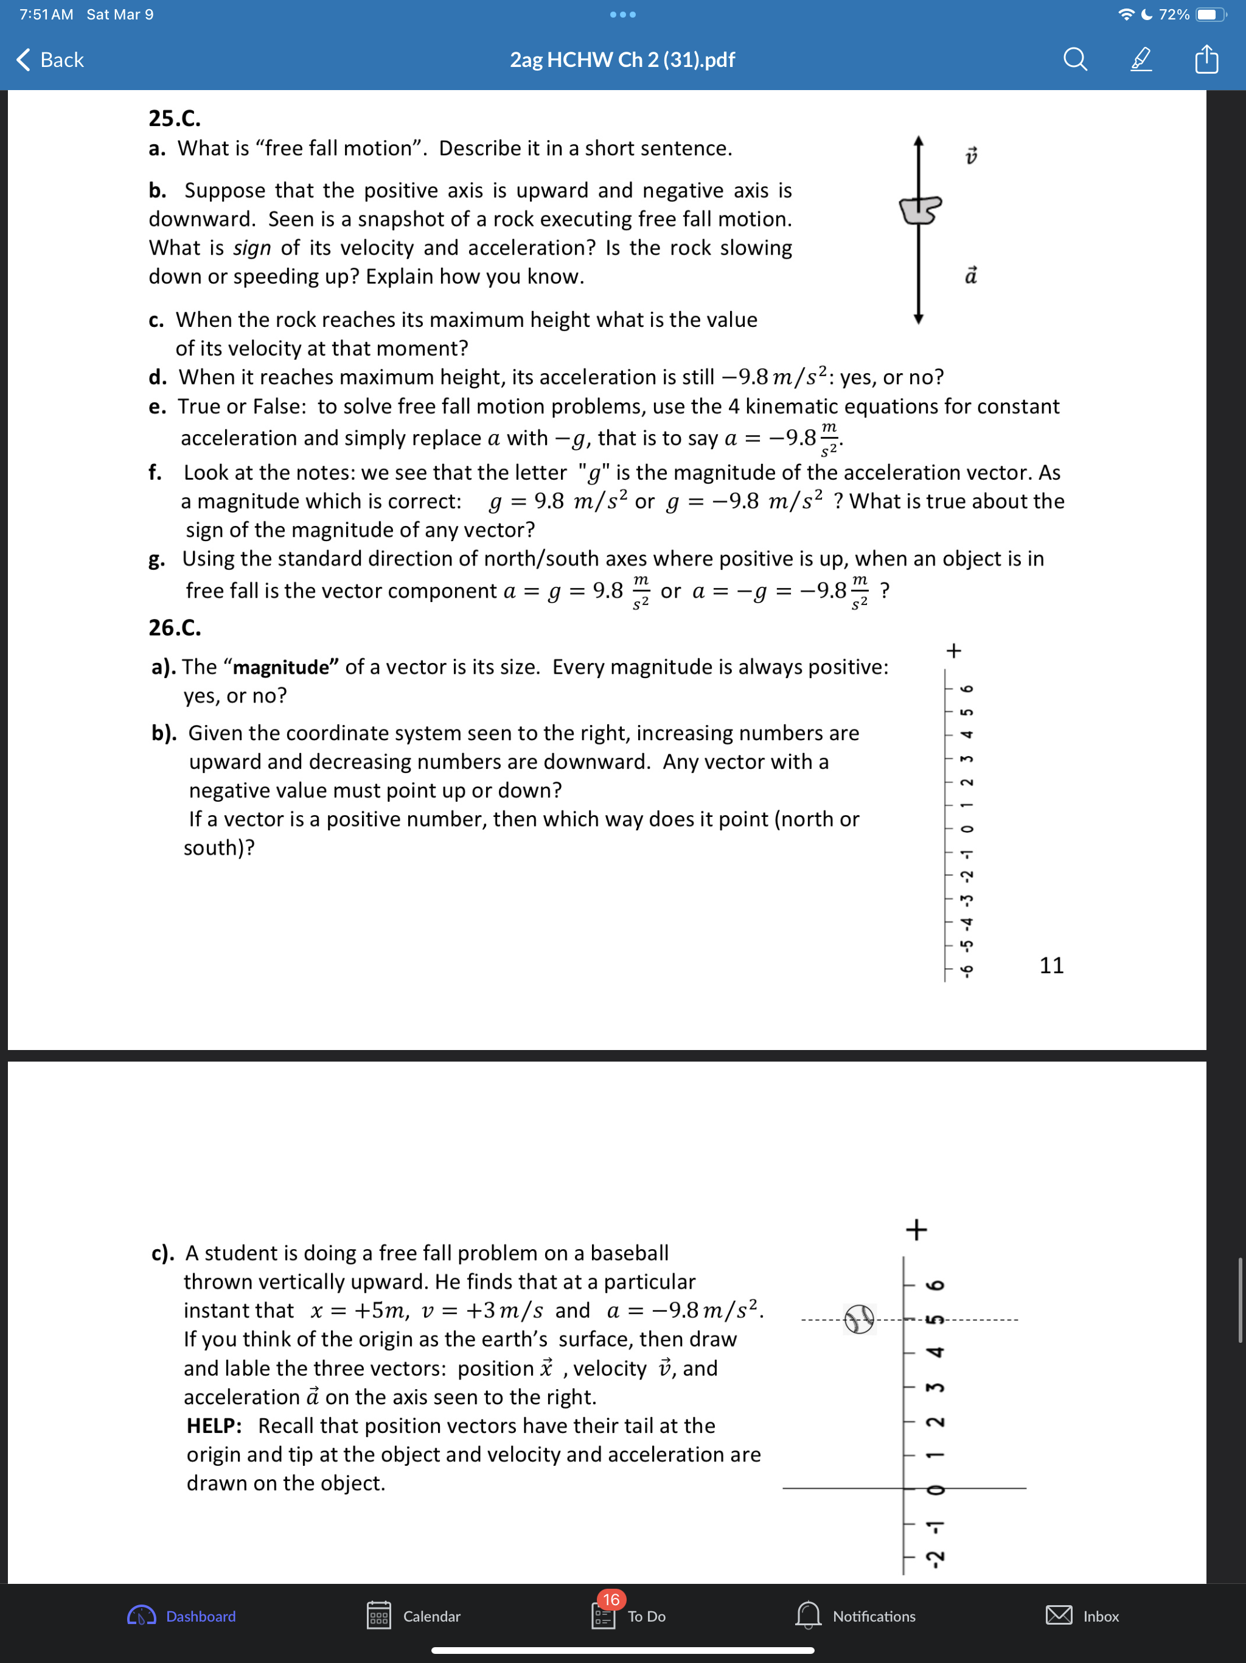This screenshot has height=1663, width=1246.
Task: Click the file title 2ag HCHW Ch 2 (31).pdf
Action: click(x=622, y=60)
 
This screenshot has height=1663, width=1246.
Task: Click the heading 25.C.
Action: click(x=175, y=118)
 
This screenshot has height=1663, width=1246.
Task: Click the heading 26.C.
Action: click(x=175, y=627)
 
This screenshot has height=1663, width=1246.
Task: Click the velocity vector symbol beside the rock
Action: click(x=971, y=156)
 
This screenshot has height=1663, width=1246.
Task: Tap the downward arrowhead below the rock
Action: click(x=917, y=319)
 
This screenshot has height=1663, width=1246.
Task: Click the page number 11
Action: click(x=1051, y=965)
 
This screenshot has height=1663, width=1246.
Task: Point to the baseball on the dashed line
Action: click(x=859, y=1318)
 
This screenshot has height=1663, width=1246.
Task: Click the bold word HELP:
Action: click(x=214, y=1426)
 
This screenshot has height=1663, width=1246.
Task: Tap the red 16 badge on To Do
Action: click(x=611, y=1599)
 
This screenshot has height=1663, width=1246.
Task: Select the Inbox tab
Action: click(x=1082, y=1616)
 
